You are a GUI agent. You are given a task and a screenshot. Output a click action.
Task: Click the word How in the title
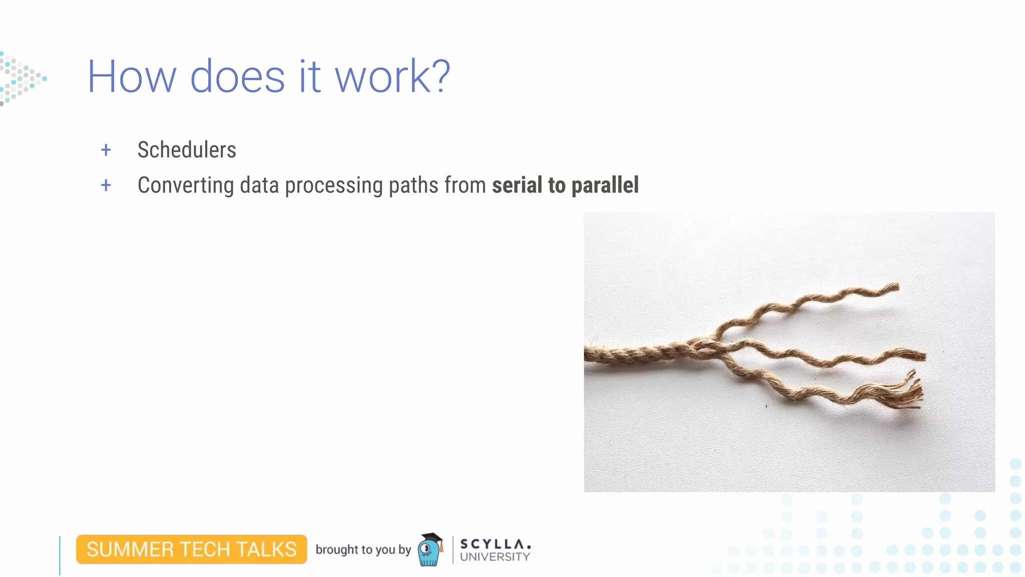point(132,77)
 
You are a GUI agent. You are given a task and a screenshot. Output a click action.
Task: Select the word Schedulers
point(186,150)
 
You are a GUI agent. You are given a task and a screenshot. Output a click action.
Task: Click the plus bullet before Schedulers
point(106,150)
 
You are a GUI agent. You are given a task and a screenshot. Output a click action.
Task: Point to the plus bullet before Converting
point(106,185)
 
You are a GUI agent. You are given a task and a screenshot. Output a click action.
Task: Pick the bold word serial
point(517,185)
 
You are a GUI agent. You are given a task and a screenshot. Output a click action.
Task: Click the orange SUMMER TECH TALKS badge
point(191,549)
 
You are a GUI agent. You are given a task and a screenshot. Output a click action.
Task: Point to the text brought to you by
point(363,549)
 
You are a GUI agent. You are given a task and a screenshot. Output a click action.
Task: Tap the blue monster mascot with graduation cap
point(430,550)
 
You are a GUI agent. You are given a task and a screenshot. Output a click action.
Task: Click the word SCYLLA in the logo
point(494,544)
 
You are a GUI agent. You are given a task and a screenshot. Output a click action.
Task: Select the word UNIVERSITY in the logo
point(494,557)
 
